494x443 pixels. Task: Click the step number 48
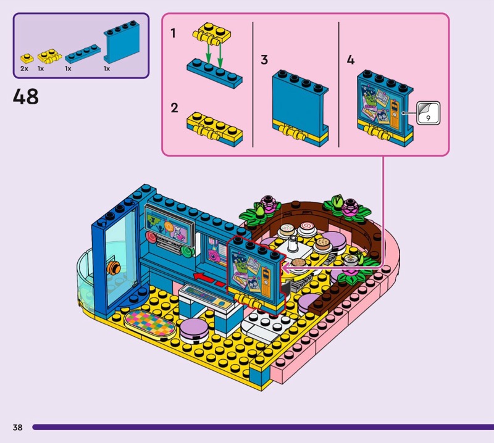[x=25, y=96]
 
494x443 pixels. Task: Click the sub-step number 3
[x=264, y=60]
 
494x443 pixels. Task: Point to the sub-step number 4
[x=351, y=60]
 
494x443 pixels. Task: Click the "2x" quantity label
[x=24, y=68]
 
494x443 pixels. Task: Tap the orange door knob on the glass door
[x=112, y=267]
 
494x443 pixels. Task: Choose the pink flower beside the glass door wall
[x=269, y=202]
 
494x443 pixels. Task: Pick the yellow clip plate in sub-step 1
[x=210, y=35]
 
